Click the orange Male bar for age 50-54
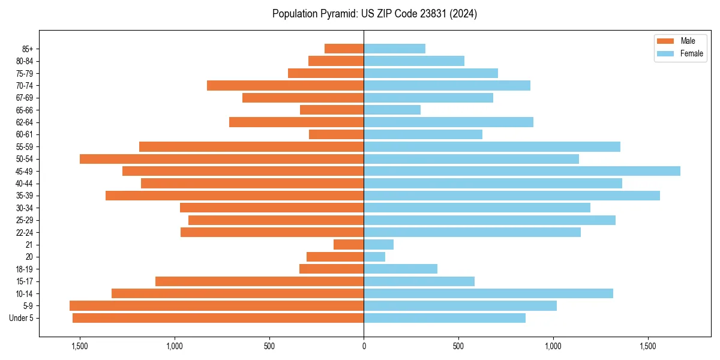pyautogui.click(x=221, y=159)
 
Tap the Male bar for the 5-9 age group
pyautogui.click(x=217, y=306)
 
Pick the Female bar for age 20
pyautogui.click(x=374, y=257)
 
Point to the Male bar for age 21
pyautogui.click(x=349, y=245)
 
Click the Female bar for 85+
pyautogui.click(x=394, y=49)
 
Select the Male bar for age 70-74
pyautogui.click(x=285, y=86)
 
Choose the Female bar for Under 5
pyautogui.click(x=445, y=318)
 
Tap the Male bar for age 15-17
pyautogui.click(x=259, y=281)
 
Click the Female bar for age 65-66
pyautogui.click(x=392, y=110)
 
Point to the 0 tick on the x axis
pyautogui.click(x=364, y=346)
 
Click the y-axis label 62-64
pyautogui.click(x=25, y=122)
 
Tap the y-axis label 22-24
pyautogui.click(x=25, y=233)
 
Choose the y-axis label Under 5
pyautogui.click(x=22, y=318)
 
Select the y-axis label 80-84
pyautogui.click(x=25, y=61)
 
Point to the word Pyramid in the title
pyautogui.click(x=338, y=14)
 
